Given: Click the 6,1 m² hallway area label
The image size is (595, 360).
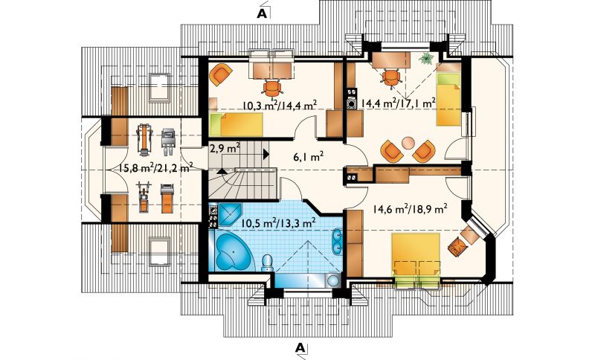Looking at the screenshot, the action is [x=308, y=156].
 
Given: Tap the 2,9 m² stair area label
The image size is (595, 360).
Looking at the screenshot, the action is [x=225, y=148].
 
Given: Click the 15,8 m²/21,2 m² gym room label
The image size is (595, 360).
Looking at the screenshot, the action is [x=156, y=167].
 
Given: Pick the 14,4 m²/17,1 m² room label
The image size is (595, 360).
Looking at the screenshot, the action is [x=398, y=102].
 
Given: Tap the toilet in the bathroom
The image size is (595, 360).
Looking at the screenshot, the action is [x=268, y=263].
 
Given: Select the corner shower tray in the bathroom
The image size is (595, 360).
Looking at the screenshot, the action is [x=228, y=215].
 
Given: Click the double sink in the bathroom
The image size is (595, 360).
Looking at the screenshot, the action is [x=338, y=241].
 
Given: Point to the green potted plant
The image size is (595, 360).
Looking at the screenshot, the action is [x=427, y=59].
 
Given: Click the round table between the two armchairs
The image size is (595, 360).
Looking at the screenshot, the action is [x=408, y=143].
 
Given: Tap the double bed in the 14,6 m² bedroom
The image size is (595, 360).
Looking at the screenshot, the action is [x=416, y=260].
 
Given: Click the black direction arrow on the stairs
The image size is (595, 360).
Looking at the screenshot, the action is [x=266, y=154].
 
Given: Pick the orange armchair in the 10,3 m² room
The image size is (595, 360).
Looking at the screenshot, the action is [x=220, y=75].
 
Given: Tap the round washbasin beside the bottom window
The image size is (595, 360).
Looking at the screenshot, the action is [x=333, y=280].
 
